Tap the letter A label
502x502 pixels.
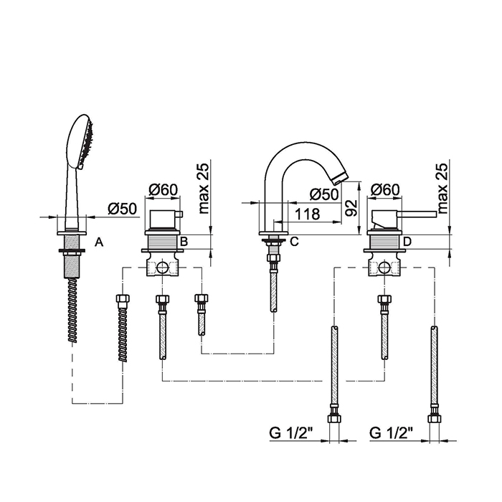point(99,242)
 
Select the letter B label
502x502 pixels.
point(184,242)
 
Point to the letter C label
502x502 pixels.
point(293,242)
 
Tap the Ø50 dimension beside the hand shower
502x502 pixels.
point(122,208)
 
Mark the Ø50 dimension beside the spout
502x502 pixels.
point(324,194)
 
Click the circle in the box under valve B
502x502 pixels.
point(164,268)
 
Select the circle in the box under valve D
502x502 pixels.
point(385,268)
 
